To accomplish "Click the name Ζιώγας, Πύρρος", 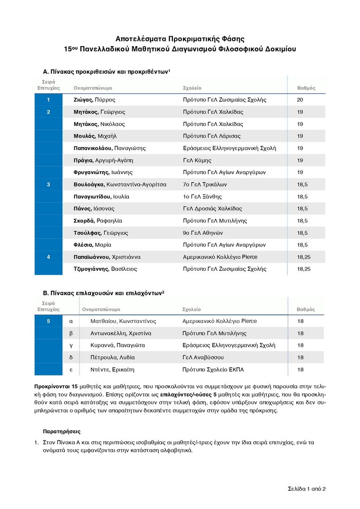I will (x=94, y=100).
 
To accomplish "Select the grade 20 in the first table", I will (x=300, y=100).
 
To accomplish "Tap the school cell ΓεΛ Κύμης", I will (x=197, y=160).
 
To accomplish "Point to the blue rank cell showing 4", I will (x=48, y=257).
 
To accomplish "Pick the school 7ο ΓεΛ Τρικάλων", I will (x=205, y=185).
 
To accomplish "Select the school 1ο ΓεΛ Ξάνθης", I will (x=202, y=196).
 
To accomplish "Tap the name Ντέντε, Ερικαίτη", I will (x=113, y=370).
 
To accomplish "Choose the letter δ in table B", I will (x=71, y=357).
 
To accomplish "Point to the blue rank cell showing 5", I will (x=48, y=321).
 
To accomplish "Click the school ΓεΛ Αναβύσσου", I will (x=203, y=357).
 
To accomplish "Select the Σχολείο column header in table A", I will (x=192, y=88).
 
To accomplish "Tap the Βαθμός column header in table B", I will (x=306, y=310).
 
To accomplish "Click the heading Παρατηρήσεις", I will (x=61, y=432).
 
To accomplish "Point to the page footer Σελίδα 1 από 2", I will (x=306, y=489).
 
